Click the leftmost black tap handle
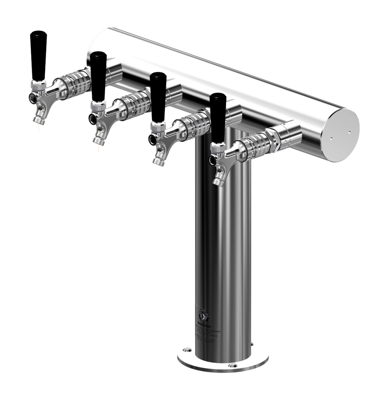coord(38,55)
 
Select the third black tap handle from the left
coord(158,96)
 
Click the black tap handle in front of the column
coord(218,117)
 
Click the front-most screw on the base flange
coord(233,365)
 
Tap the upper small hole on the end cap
coord(349,132)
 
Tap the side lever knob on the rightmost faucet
coord(212,159)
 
